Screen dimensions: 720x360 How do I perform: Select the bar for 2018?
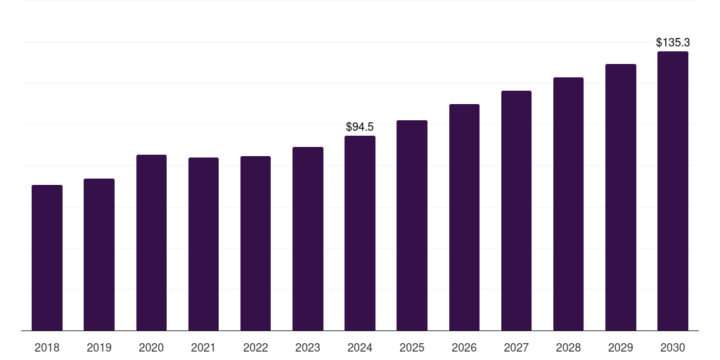pos(47,257)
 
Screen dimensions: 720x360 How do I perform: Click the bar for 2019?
pos(99,255)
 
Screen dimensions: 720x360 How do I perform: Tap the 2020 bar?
pos(152,243)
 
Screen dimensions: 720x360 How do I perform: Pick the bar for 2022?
pos(255,243)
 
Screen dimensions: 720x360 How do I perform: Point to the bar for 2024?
pos(360,233)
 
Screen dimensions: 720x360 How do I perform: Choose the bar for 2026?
pos(464,217)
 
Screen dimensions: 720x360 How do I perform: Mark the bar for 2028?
pos(568,204)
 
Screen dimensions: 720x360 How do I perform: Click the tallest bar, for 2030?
pos(673,191)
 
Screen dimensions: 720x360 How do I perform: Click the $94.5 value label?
pos(360,127)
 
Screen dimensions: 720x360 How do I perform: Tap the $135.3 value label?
pos(673,43)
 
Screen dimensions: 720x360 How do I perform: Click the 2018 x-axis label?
pos(47,348)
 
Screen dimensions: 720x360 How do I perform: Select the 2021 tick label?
pos(203,348)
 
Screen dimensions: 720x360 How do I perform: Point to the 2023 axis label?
pos(308,348)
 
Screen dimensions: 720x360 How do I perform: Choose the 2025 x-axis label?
pos(412,348)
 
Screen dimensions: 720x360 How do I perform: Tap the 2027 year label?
pos(516,348)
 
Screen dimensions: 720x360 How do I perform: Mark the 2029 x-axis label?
pos(621,348)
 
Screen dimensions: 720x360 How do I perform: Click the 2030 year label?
pos(673,348)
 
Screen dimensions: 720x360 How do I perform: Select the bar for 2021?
pos(203,244)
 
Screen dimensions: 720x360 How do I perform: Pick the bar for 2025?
pos(412,226)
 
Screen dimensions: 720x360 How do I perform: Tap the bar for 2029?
pos(621,198)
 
